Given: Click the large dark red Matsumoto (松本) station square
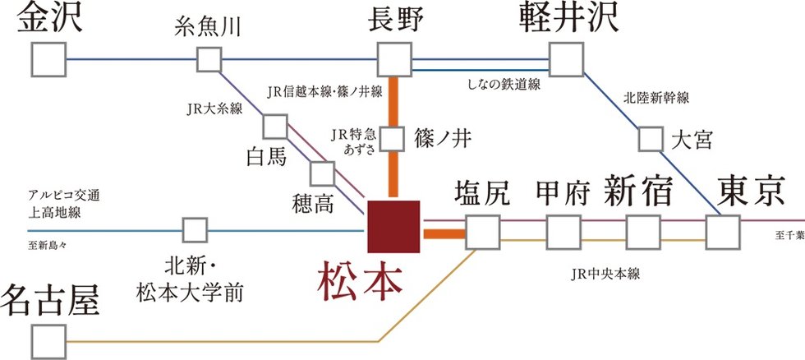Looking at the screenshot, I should click(x=393, y=224).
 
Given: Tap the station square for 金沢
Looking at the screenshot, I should click(x=48, y=59).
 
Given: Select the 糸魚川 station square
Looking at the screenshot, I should click(x=209, y=59).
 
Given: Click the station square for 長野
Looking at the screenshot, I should click(x=393, y=59).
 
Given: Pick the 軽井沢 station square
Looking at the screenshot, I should click(x=565, y=59).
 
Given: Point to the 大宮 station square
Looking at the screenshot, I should click(x=650, y=138).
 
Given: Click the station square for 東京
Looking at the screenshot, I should click(x=723, y=231).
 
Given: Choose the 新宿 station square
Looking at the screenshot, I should click(x=642, y=231).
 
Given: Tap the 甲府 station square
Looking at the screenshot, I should click(x=563, y=231).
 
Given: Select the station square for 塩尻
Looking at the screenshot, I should click(x=482, y=231).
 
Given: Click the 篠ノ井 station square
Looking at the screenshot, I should click(x=393, y=138).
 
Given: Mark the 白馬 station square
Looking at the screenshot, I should click(x=275, y=126).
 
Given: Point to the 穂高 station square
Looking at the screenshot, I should click(x=322, y=173).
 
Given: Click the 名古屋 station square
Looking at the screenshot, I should click(x=48, y=340).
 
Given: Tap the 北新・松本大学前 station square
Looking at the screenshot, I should click(x=195, y=230).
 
